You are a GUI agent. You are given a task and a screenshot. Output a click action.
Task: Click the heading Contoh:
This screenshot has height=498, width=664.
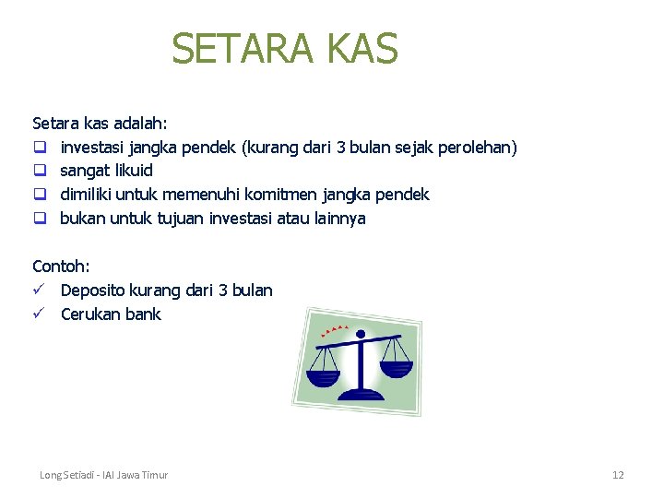point(61,267)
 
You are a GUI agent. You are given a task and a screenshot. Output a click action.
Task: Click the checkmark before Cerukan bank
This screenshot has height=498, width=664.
point(40,314)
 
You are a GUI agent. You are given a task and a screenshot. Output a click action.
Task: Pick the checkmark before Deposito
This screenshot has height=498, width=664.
point(40,290)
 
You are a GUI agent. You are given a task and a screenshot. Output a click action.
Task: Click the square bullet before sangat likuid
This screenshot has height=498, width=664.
point(40,172)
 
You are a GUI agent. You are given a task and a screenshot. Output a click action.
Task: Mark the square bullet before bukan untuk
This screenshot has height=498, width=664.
point(40,219)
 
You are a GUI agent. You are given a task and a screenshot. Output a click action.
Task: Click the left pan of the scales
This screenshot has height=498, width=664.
point(324,376)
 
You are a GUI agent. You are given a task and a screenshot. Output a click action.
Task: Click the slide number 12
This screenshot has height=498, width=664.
point(618,475)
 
